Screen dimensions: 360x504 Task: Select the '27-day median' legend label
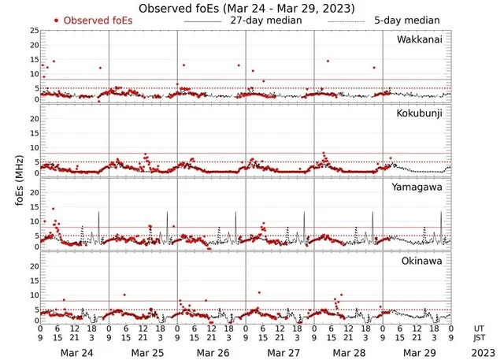[x=266, y=20]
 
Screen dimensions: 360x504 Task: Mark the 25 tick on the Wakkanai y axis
[x=33, y=31]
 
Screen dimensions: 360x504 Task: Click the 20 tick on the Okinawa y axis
[x=33, y=266]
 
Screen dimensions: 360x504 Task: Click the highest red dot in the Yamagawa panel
[x=54, y=209]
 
